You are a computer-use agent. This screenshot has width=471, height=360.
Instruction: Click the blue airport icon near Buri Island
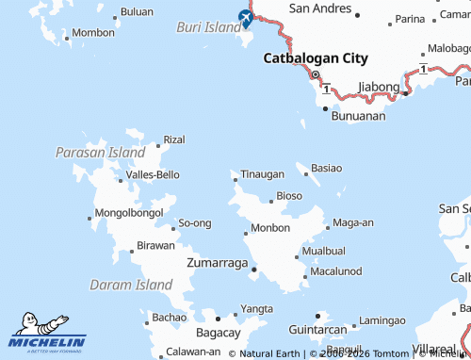pyautogui.click(x=246, y=18)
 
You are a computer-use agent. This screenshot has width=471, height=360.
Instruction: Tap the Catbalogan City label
pyautogui.click(x=315, y=57)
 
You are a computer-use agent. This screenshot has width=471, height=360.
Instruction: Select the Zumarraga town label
pyautogui.click(x=218, y=262)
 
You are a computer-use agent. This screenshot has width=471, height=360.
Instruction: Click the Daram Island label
pyautogui.click(x=131, y=284)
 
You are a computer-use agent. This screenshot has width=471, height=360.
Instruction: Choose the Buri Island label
pyautogui.click(x=209, y=27)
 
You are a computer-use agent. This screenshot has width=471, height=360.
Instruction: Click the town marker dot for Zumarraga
pyautogui.click(x=253, y=270)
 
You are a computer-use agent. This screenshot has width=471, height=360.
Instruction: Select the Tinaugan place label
pyautogui.click(x=262, y=174)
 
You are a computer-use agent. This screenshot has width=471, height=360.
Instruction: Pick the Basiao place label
pyautogui.click(x=326, y=168)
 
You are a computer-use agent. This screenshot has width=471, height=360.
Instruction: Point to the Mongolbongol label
pyautogui.click(x=130, y=213)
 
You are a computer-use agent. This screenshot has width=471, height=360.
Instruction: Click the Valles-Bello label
pyautogui.click(x=153, y=174)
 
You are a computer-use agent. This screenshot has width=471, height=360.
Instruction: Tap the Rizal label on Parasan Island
pyautogui.click(x=174, y=139)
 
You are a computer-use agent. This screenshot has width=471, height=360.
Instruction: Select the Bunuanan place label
pyautogui.click(x=359, y=117)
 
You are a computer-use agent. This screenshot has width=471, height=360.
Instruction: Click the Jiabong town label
pyautogui.click(x=379, y=87)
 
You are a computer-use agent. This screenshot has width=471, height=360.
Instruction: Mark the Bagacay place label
pyautogui.click(x=218, y=333)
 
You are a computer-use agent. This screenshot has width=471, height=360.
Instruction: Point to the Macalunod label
pyautogui.click(x=335, y=271)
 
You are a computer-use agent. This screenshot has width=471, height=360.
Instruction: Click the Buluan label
pyautogui.click(x=138, y=12)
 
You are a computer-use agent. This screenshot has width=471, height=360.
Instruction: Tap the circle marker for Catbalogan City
pyautogui.click(x=316, y=75)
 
